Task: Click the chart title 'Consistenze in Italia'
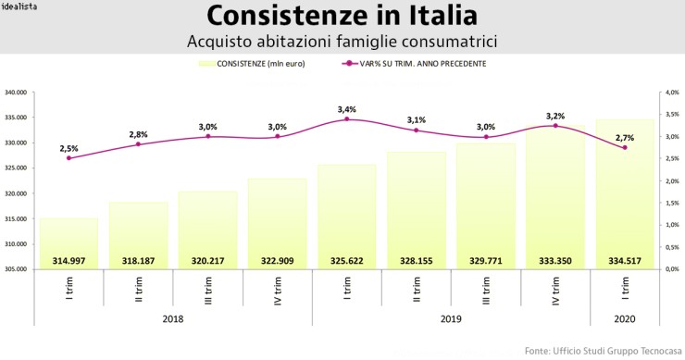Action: coord(342,17)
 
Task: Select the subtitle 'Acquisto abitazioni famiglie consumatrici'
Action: coord(342,43)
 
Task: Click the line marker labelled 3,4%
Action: coord(347,119)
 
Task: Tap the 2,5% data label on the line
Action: coord(68,148)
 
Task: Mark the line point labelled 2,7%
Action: coord(625,148)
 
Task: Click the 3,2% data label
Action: coord(555,116)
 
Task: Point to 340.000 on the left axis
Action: coord(18,93)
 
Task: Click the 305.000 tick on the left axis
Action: coord(18,269)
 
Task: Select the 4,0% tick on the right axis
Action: coord(670,93)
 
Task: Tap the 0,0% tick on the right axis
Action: coord(670,269)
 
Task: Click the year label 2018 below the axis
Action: coord(172,317)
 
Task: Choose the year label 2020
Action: coord(625,317)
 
